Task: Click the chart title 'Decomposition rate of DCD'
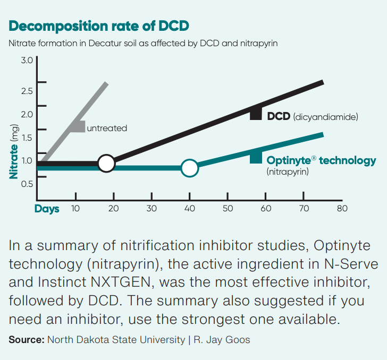99,26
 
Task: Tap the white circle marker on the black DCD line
106,164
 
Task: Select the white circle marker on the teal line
189,168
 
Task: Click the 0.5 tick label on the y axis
27,184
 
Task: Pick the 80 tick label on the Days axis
342,209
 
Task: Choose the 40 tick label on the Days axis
189,209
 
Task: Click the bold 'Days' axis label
47,209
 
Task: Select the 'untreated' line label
107,128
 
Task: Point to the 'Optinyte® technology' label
321,160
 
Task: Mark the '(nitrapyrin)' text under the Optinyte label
288,172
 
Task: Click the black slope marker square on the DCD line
256,114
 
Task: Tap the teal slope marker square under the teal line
256,157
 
